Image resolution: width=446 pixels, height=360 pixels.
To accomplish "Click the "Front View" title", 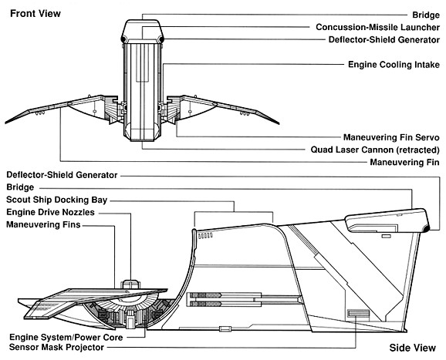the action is pyautogui.click(x=35, y=13).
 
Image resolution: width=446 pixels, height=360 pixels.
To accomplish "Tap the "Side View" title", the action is pyautogui.click(x=413, y=348).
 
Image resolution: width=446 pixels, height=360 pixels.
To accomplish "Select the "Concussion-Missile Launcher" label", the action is pyautogui.click(x=378, y=27).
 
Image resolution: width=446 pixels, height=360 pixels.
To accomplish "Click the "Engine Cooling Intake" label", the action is pyautogui.click(x=394, y=65).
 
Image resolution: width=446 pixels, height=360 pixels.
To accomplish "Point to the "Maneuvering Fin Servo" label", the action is pyautogui.click(x=391, y=137).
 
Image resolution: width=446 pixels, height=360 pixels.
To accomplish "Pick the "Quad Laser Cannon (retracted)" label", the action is pyautogui.click(x=375, y=150).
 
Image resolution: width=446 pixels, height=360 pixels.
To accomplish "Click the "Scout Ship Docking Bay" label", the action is pyautogui.click(x=56, y=200).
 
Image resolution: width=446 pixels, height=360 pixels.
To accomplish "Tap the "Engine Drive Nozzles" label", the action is pyautogui.click(x=50, y=212).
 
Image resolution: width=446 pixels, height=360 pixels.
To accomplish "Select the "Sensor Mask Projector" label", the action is pyautogui.click(x=56, y=347).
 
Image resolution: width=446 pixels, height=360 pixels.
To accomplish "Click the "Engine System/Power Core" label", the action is pyautogui.click(x=66, y=338).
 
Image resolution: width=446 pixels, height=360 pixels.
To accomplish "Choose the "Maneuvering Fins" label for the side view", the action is pyautogui.click(x=43, y=224).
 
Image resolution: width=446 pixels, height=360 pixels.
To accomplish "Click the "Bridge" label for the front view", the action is pyautogui.click(x=426, y=15).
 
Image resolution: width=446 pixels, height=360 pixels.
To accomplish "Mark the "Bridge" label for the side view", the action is pyautogui.click(x=20, y=187).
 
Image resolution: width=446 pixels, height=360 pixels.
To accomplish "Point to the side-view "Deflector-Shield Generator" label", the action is pyautogui.click(x=62, y=175).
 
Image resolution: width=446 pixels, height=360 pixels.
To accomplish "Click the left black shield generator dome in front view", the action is pyautogui.click(x=123, y=39).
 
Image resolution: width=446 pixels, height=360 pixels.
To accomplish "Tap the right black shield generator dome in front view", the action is pyautogui.click(x=161, y=39).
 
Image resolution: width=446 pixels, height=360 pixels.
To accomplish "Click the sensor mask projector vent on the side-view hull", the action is pyautogui.click(x=359, y=314).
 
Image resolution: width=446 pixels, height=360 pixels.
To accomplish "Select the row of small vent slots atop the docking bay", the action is pyautogui.click(x=205, y=236).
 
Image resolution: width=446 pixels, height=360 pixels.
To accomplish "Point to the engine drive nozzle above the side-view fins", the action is pyautogui.click(x=130, y=284).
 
